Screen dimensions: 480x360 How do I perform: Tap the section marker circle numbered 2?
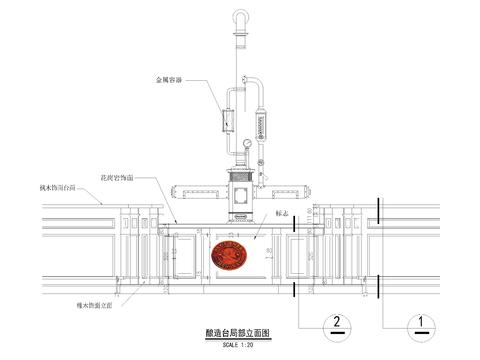tap(338, 322)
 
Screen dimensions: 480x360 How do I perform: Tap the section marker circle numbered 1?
tap(421, 322)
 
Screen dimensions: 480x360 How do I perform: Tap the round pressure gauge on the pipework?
tap(246, 145)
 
